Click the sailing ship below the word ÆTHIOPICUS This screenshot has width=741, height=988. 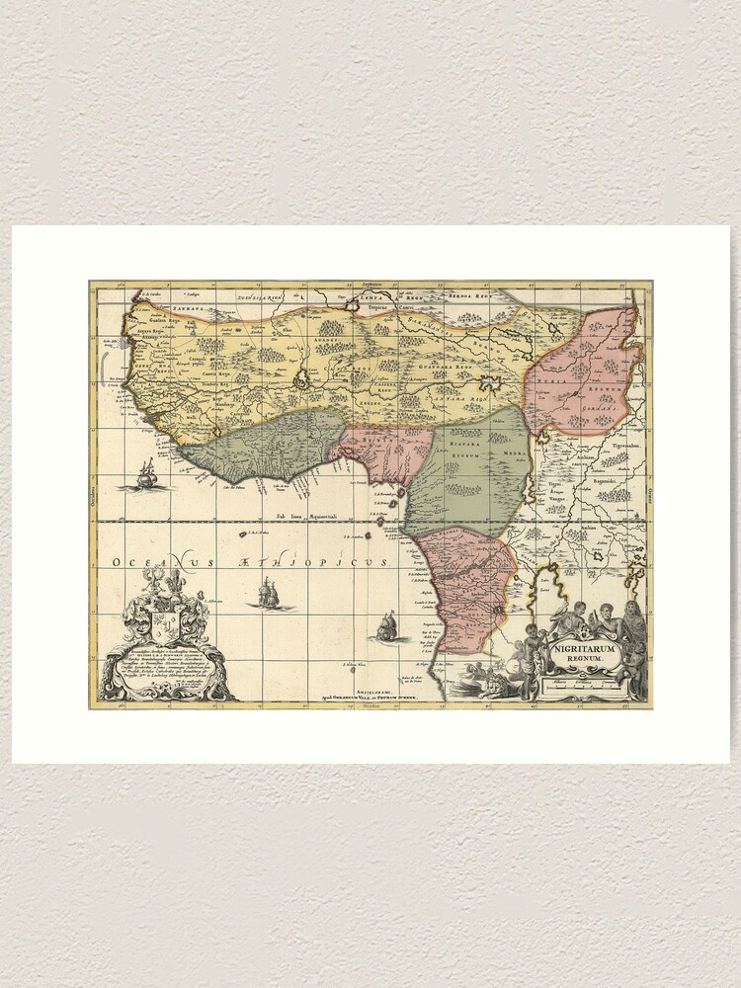tap(268, 595)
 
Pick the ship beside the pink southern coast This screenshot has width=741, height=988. tap(387, 626)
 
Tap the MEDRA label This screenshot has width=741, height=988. tap(511, 453)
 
